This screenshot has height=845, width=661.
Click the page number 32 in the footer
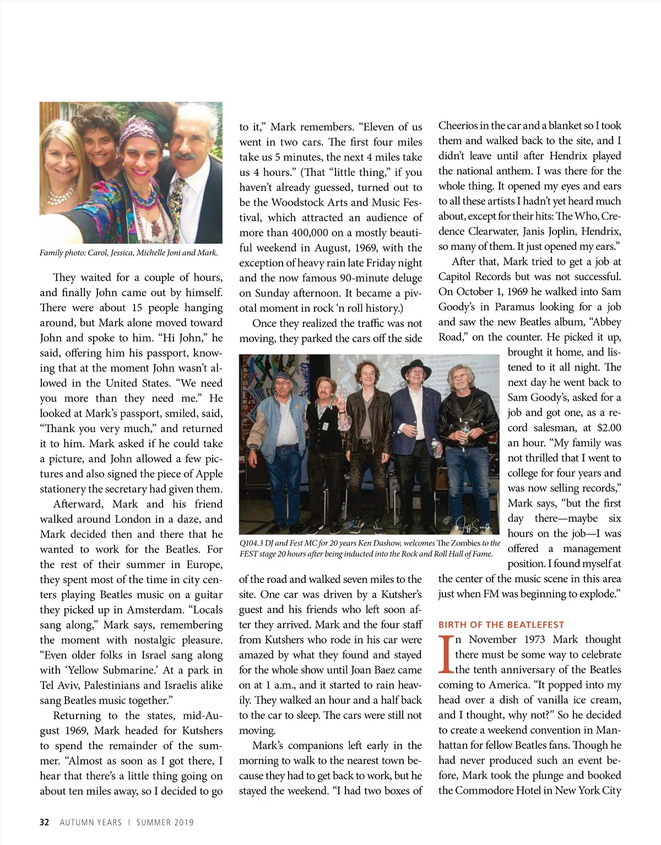click(x=45, y=822)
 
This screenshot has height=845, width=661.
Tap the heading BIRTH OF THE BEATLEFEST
click(x=501, y=625)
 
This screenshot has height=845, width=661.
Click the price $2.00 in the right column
click(x=609, y=428)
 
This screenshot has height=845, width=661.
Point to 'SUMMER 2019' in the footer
click(x=165, y=822)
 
